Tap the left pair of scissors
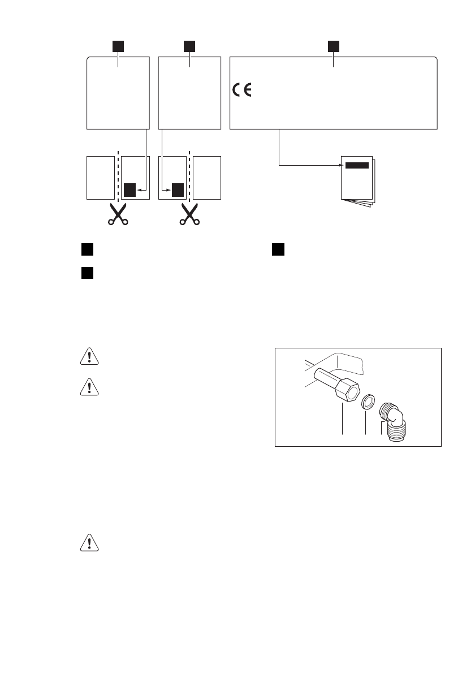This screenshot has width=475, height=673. pos(118,214)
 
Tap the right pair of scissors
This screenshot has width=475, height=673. pos(189,214)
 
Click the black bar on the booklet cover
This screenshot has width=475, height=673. pos(357,166)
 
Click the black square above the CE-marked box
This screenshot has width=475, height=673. pos(334,45)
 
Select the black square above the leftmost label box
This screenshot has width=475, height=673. pos(118,45)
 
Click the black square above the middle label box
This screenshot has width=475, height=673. pos(189,45)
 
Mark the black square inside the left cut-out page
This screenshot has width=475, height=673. pos(130,190)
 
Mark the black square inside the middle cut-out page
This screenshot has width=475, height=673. pos(178,190)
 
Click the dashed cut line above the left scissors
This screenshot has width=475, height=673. pos(118,175)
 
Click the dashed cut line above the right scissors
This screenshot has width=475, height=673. pos(189,175)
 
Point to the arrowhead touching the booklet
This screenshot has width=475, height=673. pos(340,166)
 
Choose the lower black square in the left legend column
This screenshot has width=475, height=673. pos(86,273)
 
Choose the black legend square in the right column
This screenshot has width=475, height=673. pos(277,249)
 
